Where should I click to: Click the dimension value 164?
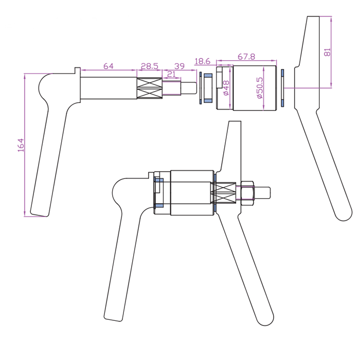pyautogui.click(x=21, y=145)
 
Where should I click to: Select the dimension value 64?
pyautogui.click(x=109, y=66)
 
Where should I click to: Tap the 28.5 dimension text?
pyautogui.click(x=150, y=66)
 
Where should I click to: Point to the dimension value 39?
pyautogui.click(x=179, y=66)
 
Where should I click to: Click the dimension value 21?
pyautogui.click(x=171, y=75)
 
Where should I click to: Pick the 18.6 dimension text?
pyautogui.click(x=203, y=61)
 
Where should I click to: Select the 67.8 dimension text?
pyautogui.click(x=246, y=57)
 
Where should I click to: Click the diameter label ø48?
pyautogui.click(x=226, y=88)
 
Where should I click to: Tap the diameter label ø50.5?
pyautogui.click(x=260, y=88)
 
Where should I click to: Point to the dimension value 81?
pyautogui.click(x=328, y=52)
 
